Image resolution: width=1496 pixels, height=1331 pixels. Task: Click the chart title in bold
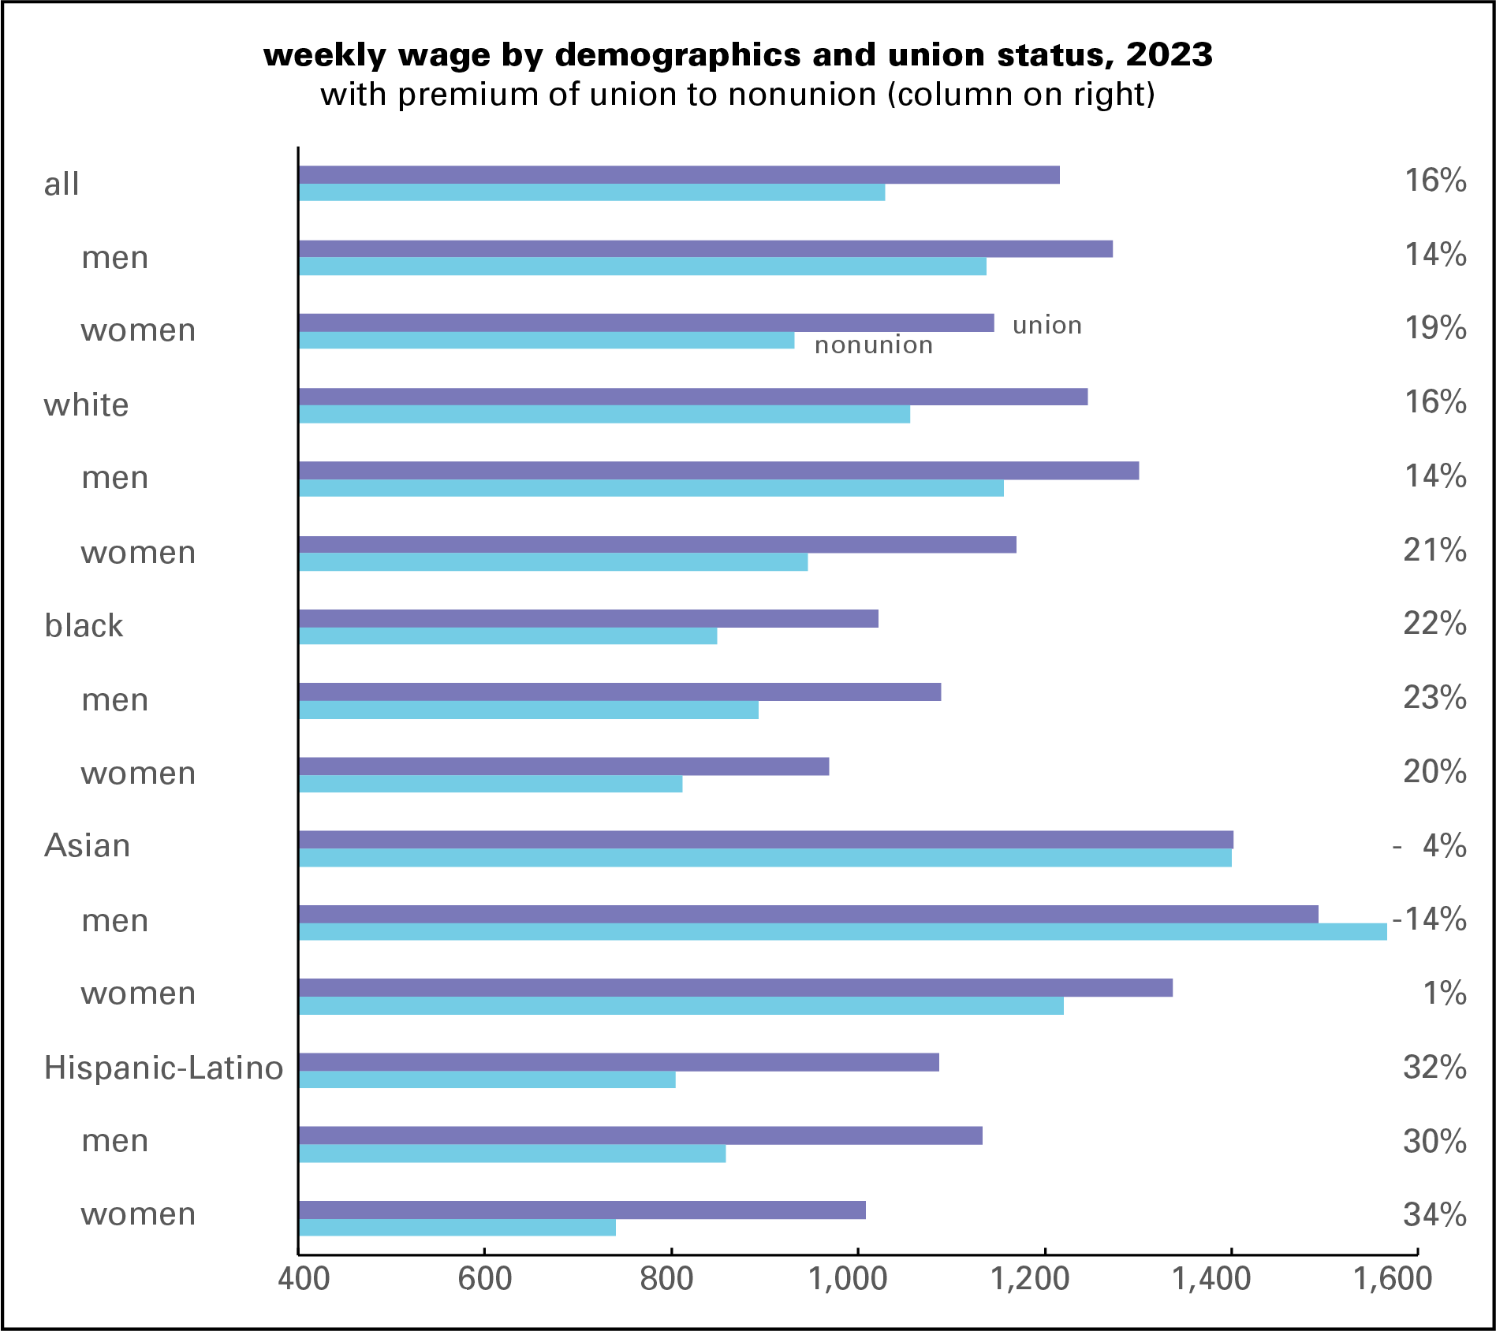pyautogui.click(x=738, y=55)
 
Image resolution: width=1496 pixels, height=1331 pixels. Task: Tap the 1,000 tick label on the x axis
pyautogui.click(x=848, y=1278)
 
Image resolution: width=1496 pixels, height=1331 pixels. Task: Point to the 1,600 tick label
pyautogui.click(x=1393, y=1278)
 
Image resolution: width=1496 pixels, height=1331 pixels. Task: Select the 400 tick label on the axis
pyautogui.click(x=304, y=1278)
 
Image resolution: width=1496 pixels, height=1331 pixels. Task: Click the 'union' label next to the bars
pyautogui.click(x=1046, y=325)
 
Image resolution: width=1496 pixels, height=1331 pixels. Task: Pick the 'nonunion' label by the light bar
pyautogui.click(x=873, y=345)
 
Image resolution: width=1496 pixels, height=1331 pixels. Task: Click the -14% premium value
pyautogui.click(x=1429, y=919)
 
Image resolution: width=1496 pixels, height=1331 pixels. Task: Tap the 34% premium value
pyautogui.click(x=1434, y=1214)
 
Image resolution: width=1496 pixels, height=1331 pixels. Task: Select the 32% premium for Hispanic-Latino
pyautogui.click(x=1434, y=1068)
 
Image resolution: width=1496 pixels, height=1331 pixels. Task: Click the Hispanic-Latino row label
pyautogui.click(x=163, y=1068)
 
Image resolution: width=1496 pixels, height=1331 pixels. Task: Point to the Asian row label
pyautogui.click(x=87, y=846)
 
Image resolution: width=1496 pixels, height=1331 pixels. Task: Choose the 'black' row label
pyautogui.click(x=84, y=626)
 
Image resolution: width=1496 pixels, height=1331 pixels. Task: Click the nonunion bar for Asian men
pyautogui.click(x=842, y=932)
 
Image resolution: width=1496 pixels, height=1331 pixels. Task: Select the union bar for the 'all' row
pyautogui.click(x=678, y=175)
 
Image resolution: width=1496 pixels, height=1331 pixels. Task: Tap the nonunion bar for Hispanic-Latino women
pyautogui.click(x=457, y=1228)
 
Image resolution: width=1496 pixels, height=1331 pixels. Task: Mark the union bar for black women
pyautogui.click(x=564, y=766)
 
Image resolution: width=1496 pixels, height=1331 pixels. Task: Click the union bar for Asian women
pyautogui.click(x=735, y=988)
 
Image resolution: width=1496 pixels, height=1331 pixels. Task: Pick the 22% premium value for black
pyautogui.click(x=1434, y=624)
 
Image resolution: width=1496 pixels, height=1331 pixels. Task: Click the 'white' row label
pyautogui.click(x=86, y=405)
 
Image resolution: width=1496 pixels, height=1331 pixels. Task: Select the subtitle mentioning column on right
pyautogui.click(x=738, y=95)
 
